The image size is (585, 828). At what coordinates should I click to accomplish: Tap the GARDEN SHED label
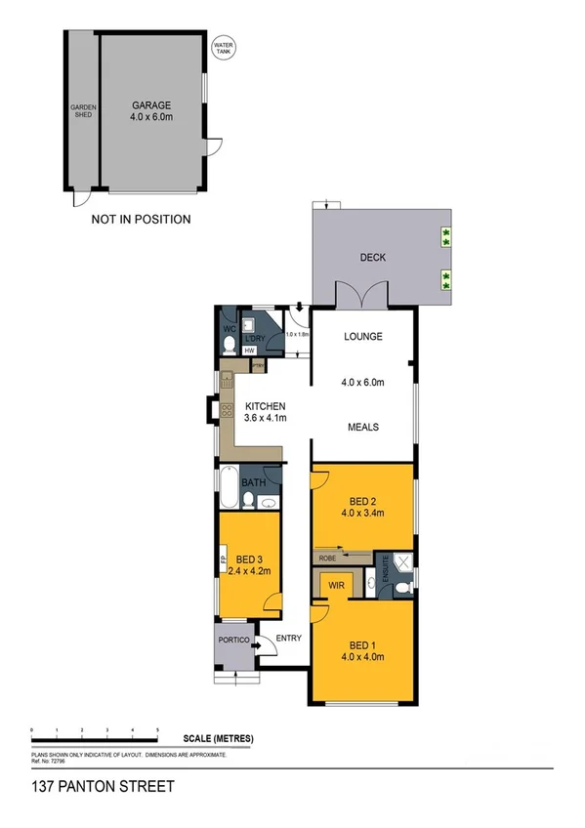click(80, 112)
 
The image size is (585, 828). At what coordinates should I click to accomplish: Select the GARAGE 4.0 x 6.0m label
click(151, 110)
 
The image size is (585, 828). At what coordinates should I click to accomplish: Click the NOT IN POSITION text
click(141, 220)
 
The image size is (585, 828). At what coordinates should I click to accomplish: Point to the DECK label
click(373, 258)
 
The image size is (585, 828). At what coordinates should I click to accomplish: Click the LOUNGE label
click(361, 337)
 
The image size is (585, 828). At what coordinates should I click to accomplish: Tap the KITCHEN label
click(265, 406)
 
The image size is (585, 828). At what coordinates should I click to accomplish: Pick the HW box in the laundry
click(250, 350)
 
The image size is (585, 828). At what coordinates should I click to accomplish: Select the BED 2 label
click(361, 505)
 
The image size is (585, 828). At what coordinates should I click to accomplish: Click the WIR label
click(335, 586)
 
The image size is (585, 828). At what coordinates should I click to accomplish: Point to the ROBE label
click(325, 558)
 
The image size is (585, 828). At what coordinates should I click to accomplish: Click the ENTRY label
click(289, 639)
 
